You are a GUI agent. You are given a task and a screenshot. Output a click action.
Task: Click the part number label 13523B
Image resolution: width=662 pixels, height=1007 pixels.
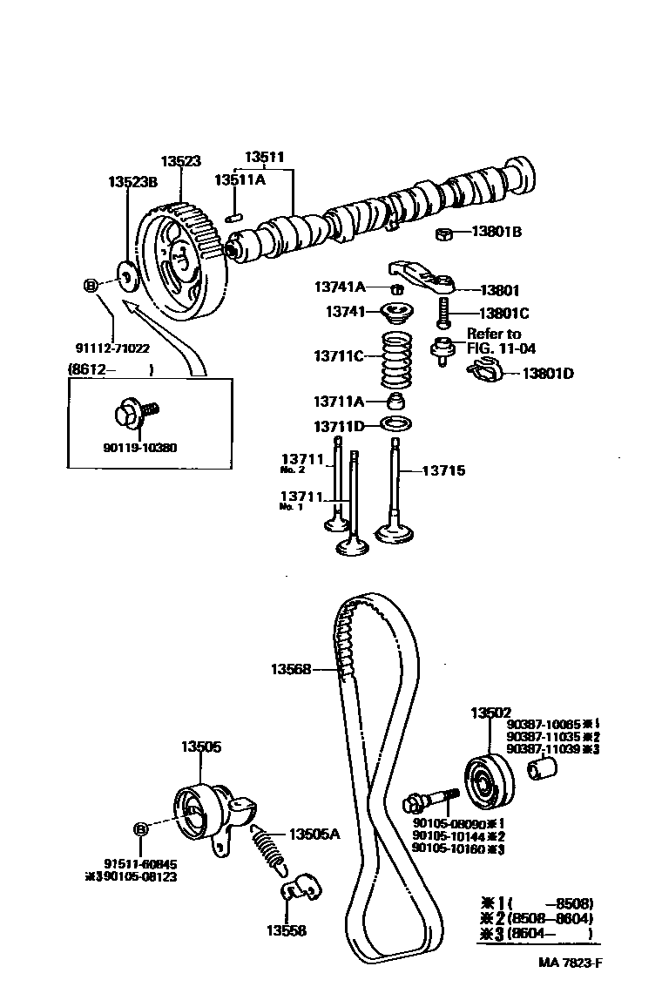(x=132, y=182)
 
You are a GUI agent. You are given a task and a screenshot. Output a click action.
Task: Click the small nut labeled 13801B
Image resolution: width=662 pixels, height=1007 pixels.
(x=443, y=233)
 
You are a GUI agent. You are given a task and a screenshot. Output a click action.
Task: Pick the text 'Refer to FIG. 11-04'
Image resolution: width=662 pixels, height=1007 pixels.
(x=500, y=341)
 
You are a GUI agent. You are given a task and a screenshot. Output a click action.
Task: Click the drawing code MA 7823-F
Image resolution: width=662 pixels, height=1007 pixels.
(x=569, y=963)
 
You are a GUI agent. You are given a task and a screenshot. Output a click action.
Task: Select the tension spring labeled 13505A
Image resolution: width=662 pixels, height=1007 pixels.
(x=267, y=845)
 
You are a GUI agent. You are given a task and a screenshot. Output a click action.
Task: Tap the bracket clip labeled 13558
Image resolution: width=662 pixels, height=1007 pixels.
(x=301, y=889)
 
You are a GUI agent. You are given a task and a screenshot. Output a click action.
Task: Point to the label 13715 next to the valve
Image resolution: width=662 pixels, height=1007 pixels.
(x=443, y=470)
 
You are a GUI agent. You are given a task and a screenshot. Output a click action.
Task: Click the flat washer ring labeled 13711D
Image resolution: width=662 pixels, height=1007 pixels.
(x=398, y=426)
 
